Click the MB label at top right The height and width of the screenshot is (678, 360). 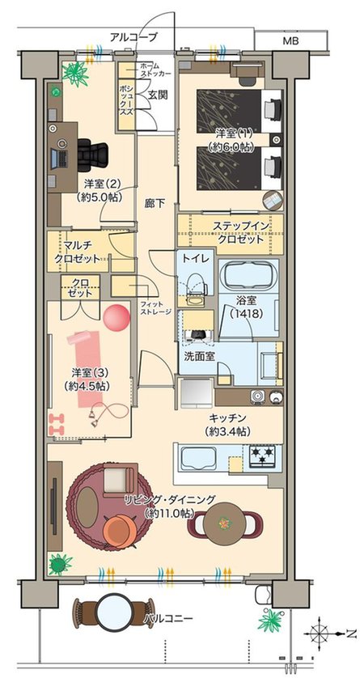tap(290, 40)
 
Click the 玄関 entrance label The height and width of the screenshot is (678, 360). tap(156, 94)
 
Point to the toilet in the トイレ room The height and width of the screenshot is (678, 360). tap(194, 285)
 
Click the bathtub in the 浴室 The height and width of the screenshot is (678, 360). tap(248, 278)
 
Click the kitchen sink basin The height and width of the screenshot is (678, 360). tap(196, 460)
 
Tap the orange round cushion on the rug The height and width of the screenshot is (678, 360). tap(123, 529)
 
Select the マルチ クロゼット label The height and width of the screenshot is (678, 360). tap(78, 252)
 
